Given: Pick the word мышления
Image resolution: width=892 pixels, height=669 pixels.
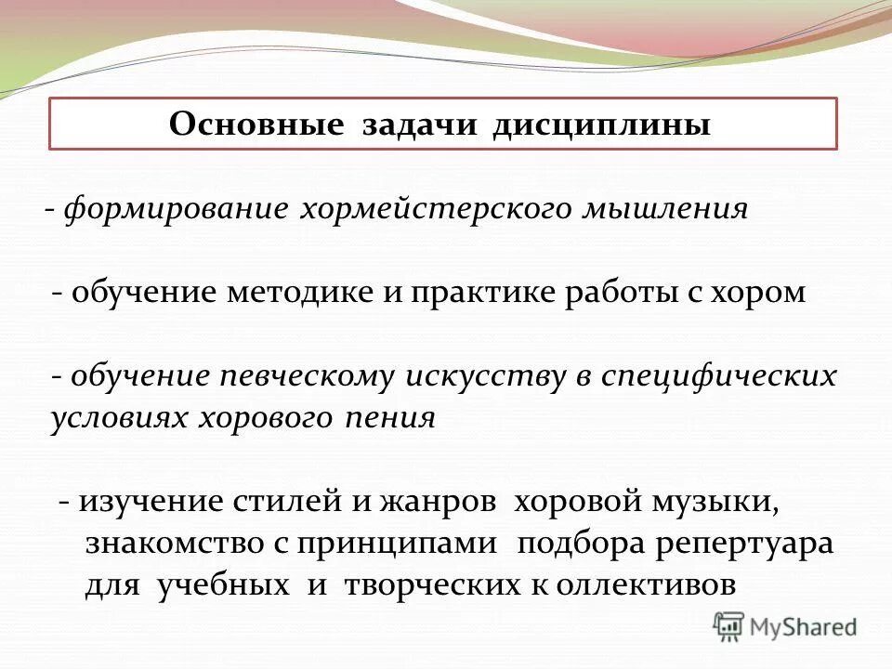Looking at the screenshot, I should [664, 208].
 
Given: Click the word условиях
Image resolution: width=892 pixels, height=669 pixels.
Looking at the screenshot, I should [119, 418].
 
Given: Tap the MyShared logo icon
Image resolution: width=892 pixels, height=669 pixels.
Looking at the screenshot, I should [729, 625].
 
